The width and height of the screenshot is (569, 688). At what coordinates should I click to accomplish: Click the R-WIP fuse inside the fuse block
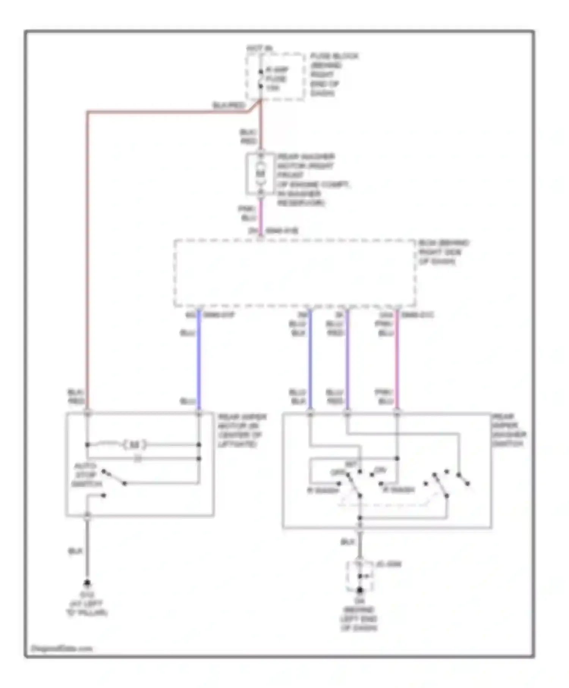click(x=261, y=79)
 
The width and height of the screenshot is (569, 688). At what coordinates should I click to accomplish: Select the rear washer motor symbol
click(x=261, y=174)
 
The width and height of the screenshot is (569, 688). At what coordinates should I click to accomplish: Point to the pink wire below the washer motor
click(x=261, y=214)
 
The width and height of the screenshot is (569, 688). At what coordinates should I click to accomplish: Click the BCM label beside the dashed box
click(x=443, y=252)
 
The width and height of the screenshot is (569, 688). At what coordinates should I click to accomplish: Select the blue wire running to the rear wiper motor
click(x=199, y=360)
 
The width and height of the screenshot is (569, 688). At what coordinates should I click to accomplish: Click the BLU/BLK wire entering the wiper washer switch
click(x=310, y=360)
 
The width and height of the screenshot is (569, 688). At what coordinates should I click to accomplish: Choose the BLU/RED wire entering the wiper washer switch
click(x=347, y=360)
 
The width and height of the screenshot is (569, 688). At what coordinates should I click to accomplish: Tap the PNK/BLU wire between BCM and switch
click(x=397, y=360)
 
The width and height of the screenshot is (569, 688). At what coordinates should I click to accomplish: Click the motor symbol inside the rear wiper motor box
click(x=135, y=445)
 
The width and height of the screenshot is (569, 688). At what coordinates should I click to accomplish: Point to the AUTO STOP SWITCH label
click(x=87, y=475)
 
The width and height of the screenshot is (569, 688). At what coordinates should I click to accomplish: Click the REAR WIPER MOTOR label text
click(x=242, y=430)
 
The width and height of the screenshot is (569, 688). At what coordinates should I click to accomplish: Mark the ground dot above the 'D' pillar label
click(x=87, y=583)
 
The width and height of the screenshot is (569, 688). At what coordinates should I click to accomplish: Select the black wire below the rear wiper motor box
click(x=87, y=550)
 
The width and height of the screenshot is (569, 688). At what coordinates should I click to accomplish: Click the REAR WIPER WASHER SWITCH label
click(x=508, y=430)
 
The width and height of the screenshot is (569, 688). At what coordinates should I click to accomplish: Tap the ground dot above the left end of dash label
click(x=360, y=590)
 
